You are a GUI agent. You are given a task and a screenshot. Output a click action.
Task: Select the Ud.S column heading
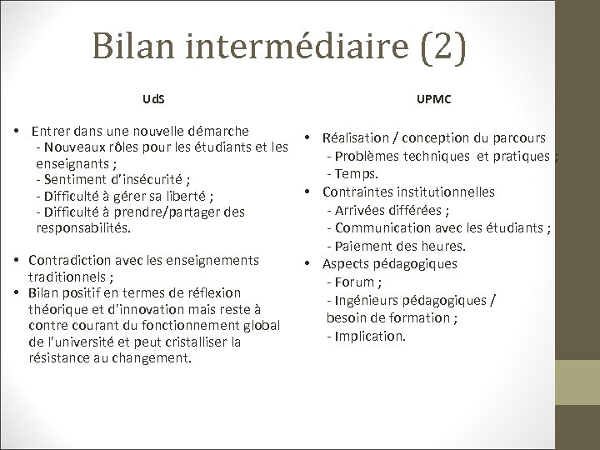(153, 99)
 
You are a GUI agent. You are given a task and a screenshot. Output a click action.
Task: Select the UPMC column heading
(432, 99)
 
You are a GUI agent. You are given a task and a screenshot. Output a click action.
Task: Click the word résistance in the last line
(64, 358)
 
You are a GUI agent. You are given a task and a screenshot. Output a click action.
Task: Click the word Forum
(356, 282)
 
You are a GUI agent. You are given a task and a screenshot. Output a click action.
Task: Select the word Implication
(371, 336)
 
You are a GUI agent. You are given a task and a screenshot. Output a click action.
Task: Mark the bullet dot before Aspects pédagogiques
(307, 264)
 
